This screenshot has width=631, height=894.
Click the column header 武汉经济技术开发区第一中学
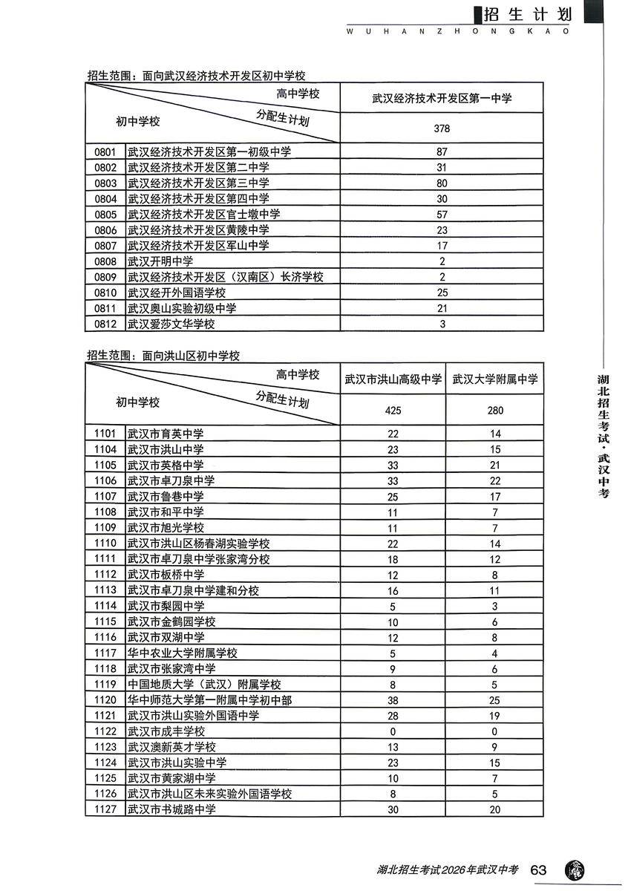point(442,98)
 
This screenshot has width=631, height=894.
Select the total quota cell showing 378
point(442,128)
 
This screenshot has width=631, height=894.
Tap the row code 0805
point(105,214)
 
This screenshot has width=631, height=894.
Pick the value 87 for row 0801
point(442,151)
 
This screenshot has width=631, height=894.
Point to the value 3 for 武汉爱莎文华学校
point(442,324)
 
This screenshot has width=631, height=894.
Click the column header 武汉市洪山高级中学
point(393,379)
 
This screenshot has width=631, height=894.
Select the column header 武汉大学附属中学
point(495,379)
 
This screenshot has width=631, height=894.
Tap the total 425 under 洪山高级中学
point(393,411)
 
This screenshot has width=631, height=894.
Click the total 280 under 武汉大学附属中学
point(495,411)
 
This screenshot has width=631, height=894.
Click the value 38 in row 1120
point(393,700)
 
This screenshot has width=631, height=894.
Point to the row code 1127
point(105,809)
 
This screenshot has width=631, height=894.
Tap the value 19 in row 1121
point(495,716)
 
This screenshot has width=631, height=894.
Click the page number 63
point(540,869)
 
